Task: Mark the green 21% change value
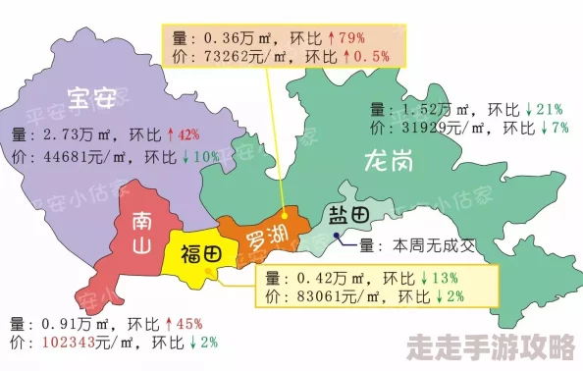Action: click(x=547, y=108)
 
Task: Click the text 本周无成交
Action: click(x=433, y=245)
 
